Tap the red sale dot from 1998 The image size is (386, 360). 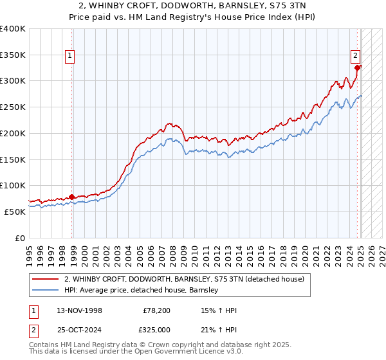[71, 197]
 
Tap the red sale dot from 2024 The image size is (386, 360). [358, 67]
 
